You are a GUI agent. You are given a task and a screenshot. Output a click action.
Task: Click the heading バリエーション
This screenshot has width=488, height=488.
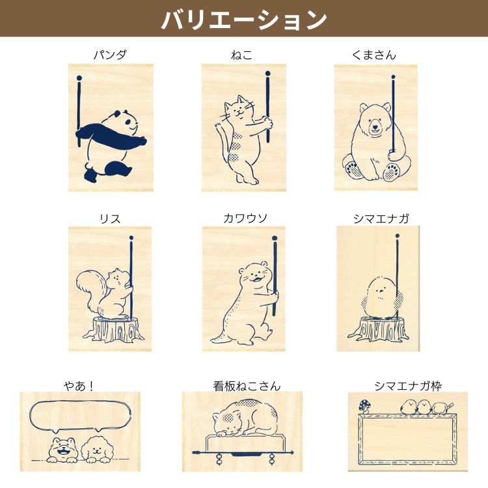(x=244, y=20)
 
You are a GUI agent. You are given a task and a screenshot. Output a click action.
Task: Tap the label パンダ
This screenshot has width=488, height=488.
(x=110, y=55)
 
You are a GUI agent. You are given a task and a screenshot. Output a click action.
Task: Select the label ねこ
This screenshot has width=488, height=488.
(x=241, y=55)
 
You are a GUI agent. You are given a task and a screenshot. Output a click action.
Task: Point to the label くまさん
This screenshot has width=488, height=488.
(x=373, y=55)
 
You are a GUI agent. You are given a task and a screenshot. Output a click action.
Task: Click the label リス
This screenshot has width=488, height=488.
(x=110, y=219)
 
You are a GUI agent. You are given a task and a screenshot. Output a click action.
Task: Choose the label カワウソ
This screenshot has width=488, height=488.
(x=245, y=219)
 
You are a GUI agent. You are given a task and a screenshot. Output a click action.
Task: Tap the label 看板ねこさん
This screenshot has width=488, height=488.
(x=247, y=386)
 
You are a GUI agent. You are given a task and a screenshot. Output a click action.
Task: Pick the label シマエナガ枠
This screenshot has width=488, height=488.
(x=408, y=386)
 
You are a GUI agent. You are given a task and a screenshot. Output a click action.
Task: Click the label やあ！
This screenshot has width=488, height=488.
(x=79, y=386)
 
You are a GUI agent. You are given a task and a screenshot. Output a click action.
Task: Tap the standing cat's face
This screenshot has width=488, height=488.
(x=239, y=109)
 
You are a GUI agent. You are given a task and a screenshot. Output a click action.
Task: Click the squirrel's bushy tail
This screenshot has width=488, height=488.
(x=90, y=290)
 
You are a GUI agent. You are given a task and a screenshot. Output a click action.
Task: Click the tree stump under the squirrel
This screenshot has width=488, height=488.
(x=113, y=330)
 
